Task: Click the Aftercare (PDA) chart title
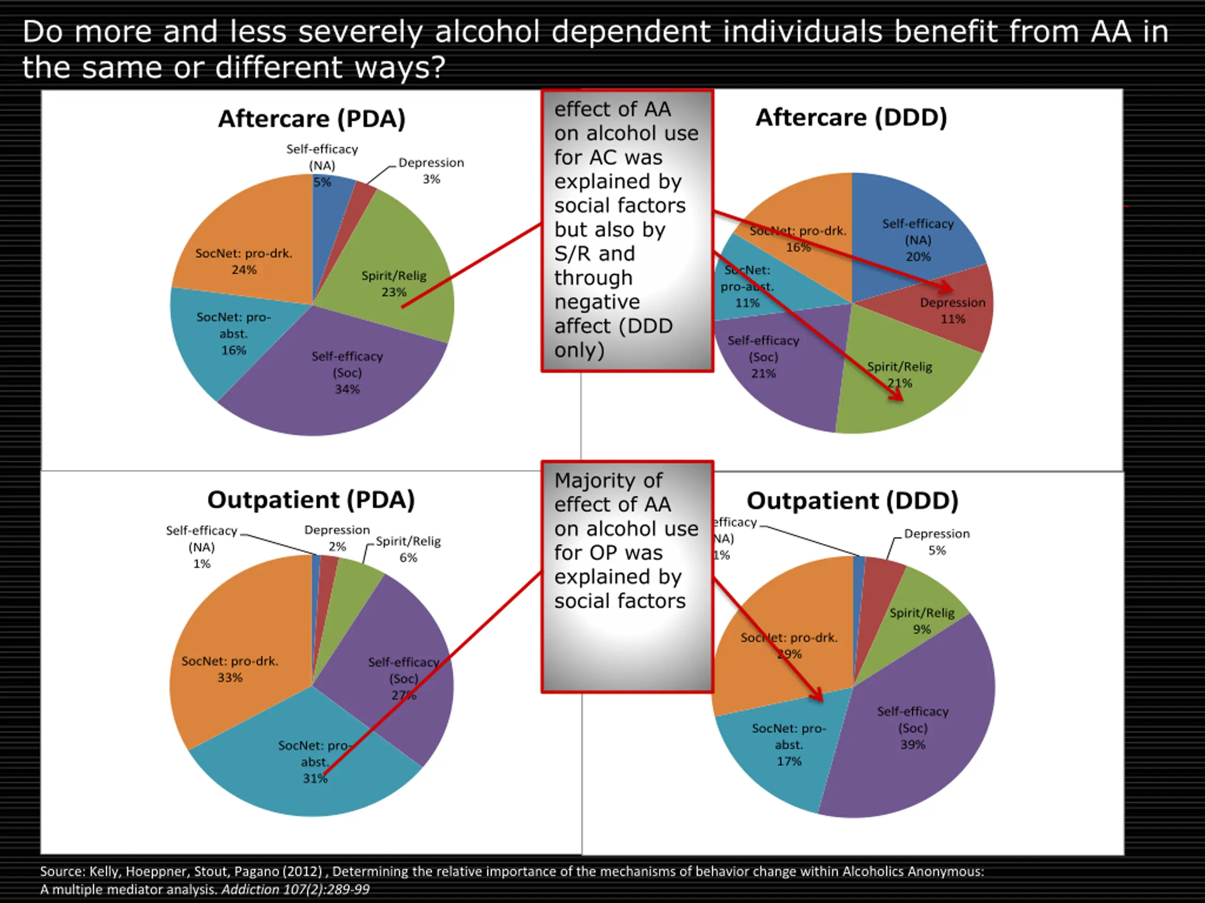[x=312, y=119]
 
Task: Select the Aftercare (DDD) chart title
[x=851, y=118]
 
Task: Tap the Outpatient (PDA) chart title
[x=311, y=499]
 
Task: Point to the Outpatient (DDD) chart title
[x=852, y=501]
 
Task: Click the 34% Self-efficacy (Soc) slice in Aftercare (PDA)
[x=327, y=381]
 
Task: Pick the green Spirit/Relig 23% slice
[x=414, y=256]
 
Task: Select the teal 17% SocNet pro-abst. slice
[x=785, y=751]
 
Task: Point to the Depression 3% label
[x=431, y=170]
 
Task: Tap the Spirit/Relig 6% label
[x=408, y=549]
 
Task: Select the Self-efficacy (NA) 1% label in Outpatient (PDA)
[x=201, y=547]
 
